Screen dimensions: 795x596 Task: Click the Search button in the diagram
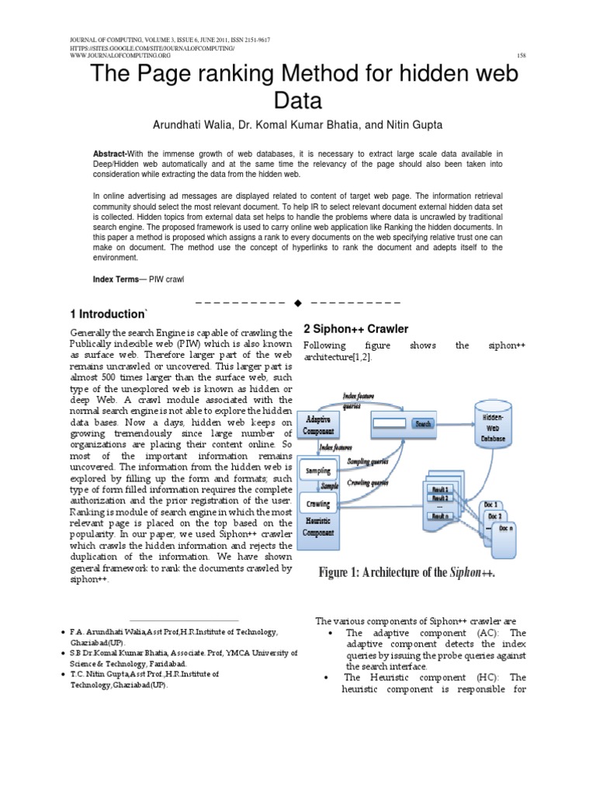tap(423, 424)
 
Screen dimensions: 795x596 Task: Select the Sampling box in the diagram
tap(318, 470)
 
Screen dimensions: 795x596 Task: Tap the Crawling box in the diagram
tap(318, 505)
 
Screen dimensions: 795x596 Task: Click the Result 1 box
tap(439, 488)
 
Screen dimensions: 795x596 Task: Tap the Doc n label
tap(505, 529)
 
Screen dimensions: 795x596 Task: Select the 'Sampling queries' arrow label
tap(368, 460)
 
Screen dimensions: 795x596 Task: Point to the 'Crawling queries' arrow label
tap(368, 482)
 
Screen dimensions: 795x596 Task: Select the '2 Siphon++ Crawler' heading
tap(355, 329)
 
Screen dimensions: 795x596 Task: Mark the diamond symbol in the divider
tap(297, 300)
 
